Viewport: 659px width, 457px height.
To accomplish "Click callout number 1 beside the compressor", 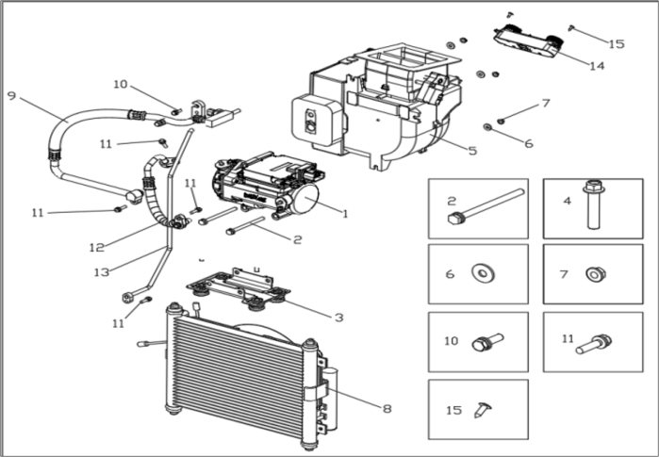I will tap(345, 214).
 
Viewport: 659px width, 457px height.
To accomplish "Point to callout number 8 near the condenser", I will tap(387, 409).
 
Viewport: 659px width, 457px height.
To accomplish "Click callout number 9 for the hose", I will tap(11, 95).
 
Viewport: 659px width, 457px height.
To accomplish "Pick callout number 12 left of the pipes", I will tap(94, 249).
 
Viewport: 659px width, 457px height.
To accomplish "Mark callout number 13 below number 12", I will tap(102, 271).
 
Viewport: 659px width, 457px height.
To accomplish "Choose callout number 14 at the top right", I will tap(596, 66).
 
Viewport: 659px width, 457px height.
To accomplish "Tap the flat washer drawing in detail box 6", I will tap(484, 273).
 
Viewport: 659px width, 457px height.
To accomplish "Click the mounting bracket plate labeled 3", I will tap(231, 286).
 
